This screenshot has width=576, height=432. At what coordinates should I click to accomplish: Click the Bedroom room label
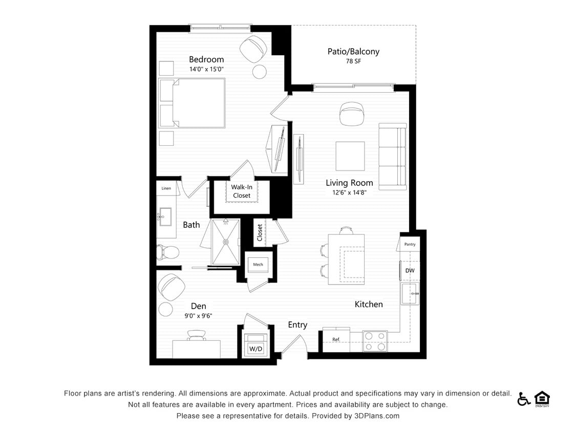tap(206, 59)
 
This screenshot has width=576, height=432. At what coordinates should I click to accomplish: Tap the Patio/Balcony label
tap(353, 51)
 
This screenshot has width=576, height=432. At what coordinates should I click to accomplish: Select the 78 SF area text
tap(353, 62)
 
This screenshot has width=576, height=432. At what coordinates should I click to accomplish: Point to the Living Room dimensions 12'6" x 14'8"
tap(349, 193)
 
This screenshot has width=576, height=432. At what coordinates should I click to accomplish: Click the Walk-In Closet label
tap(242, 191)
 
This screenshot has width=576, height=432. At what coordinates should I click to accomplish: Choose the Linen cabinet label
tap(166, 188)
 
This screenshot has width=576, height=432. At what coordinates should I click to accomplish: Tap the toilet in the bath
tap(168, 252)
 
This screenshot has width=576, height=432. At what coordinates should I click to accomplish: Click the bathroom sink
tap(165, 217)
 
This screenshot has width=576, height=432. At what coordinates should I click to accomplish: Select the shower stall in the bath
tap(225, 242)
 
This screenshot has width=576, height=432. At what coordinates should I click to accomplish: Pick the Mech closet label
tap(258, 264)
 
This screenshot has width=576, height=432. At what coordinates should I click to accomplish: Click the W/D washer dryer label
tap(255, 349)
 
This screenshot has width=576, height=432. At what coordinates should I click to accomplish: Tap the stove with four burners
tap(374, 341)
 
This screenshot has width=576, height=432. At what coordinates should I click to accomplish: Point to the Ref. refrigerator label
tap(336, 339)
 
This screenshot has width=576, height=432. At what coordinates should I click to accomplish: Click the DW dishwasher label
tap(410, 270)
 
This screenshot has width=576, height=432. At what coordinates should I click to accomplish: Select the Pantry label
tap(410, 244)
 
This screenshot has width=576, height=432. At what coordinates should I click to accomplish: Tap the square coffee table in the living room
tap(350, 156)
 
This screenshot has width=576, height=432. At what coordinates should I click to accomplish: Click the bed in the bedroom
tap(193, 103)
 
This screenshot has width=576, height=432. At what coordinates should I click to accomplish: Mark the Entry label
tap(297, 325)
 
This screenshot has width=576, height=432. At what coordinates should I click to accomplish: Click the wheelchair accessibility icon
tap(523, 399)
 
